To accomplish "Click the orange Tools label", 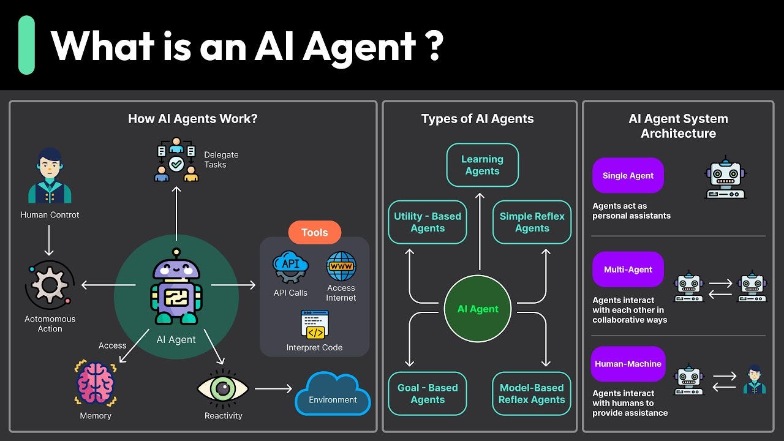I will (x=314, y=233).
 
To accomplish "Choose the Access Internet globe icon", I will (x=341, y=266).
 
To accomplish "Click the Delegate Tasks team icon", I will (x=176, y=160).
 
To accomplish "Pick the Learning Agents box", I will (x=482, y=165).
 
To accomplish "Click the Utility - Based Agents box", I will (x=428, y=222).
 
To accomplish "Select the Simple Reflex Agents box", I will (x=532, y=222).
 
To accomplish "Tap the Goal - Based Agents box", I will (x=428, y=394).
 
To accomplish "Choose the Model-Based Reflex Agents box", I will (x=532, y=394).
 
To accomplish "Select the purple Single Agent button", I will (x=628, y=176).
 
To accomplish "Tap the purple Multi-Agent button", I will (x=628, y=269).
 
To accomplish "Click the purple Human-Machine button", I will (x=628, y=364).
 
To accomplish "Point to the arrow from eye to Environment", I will (x=273, y=388).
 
